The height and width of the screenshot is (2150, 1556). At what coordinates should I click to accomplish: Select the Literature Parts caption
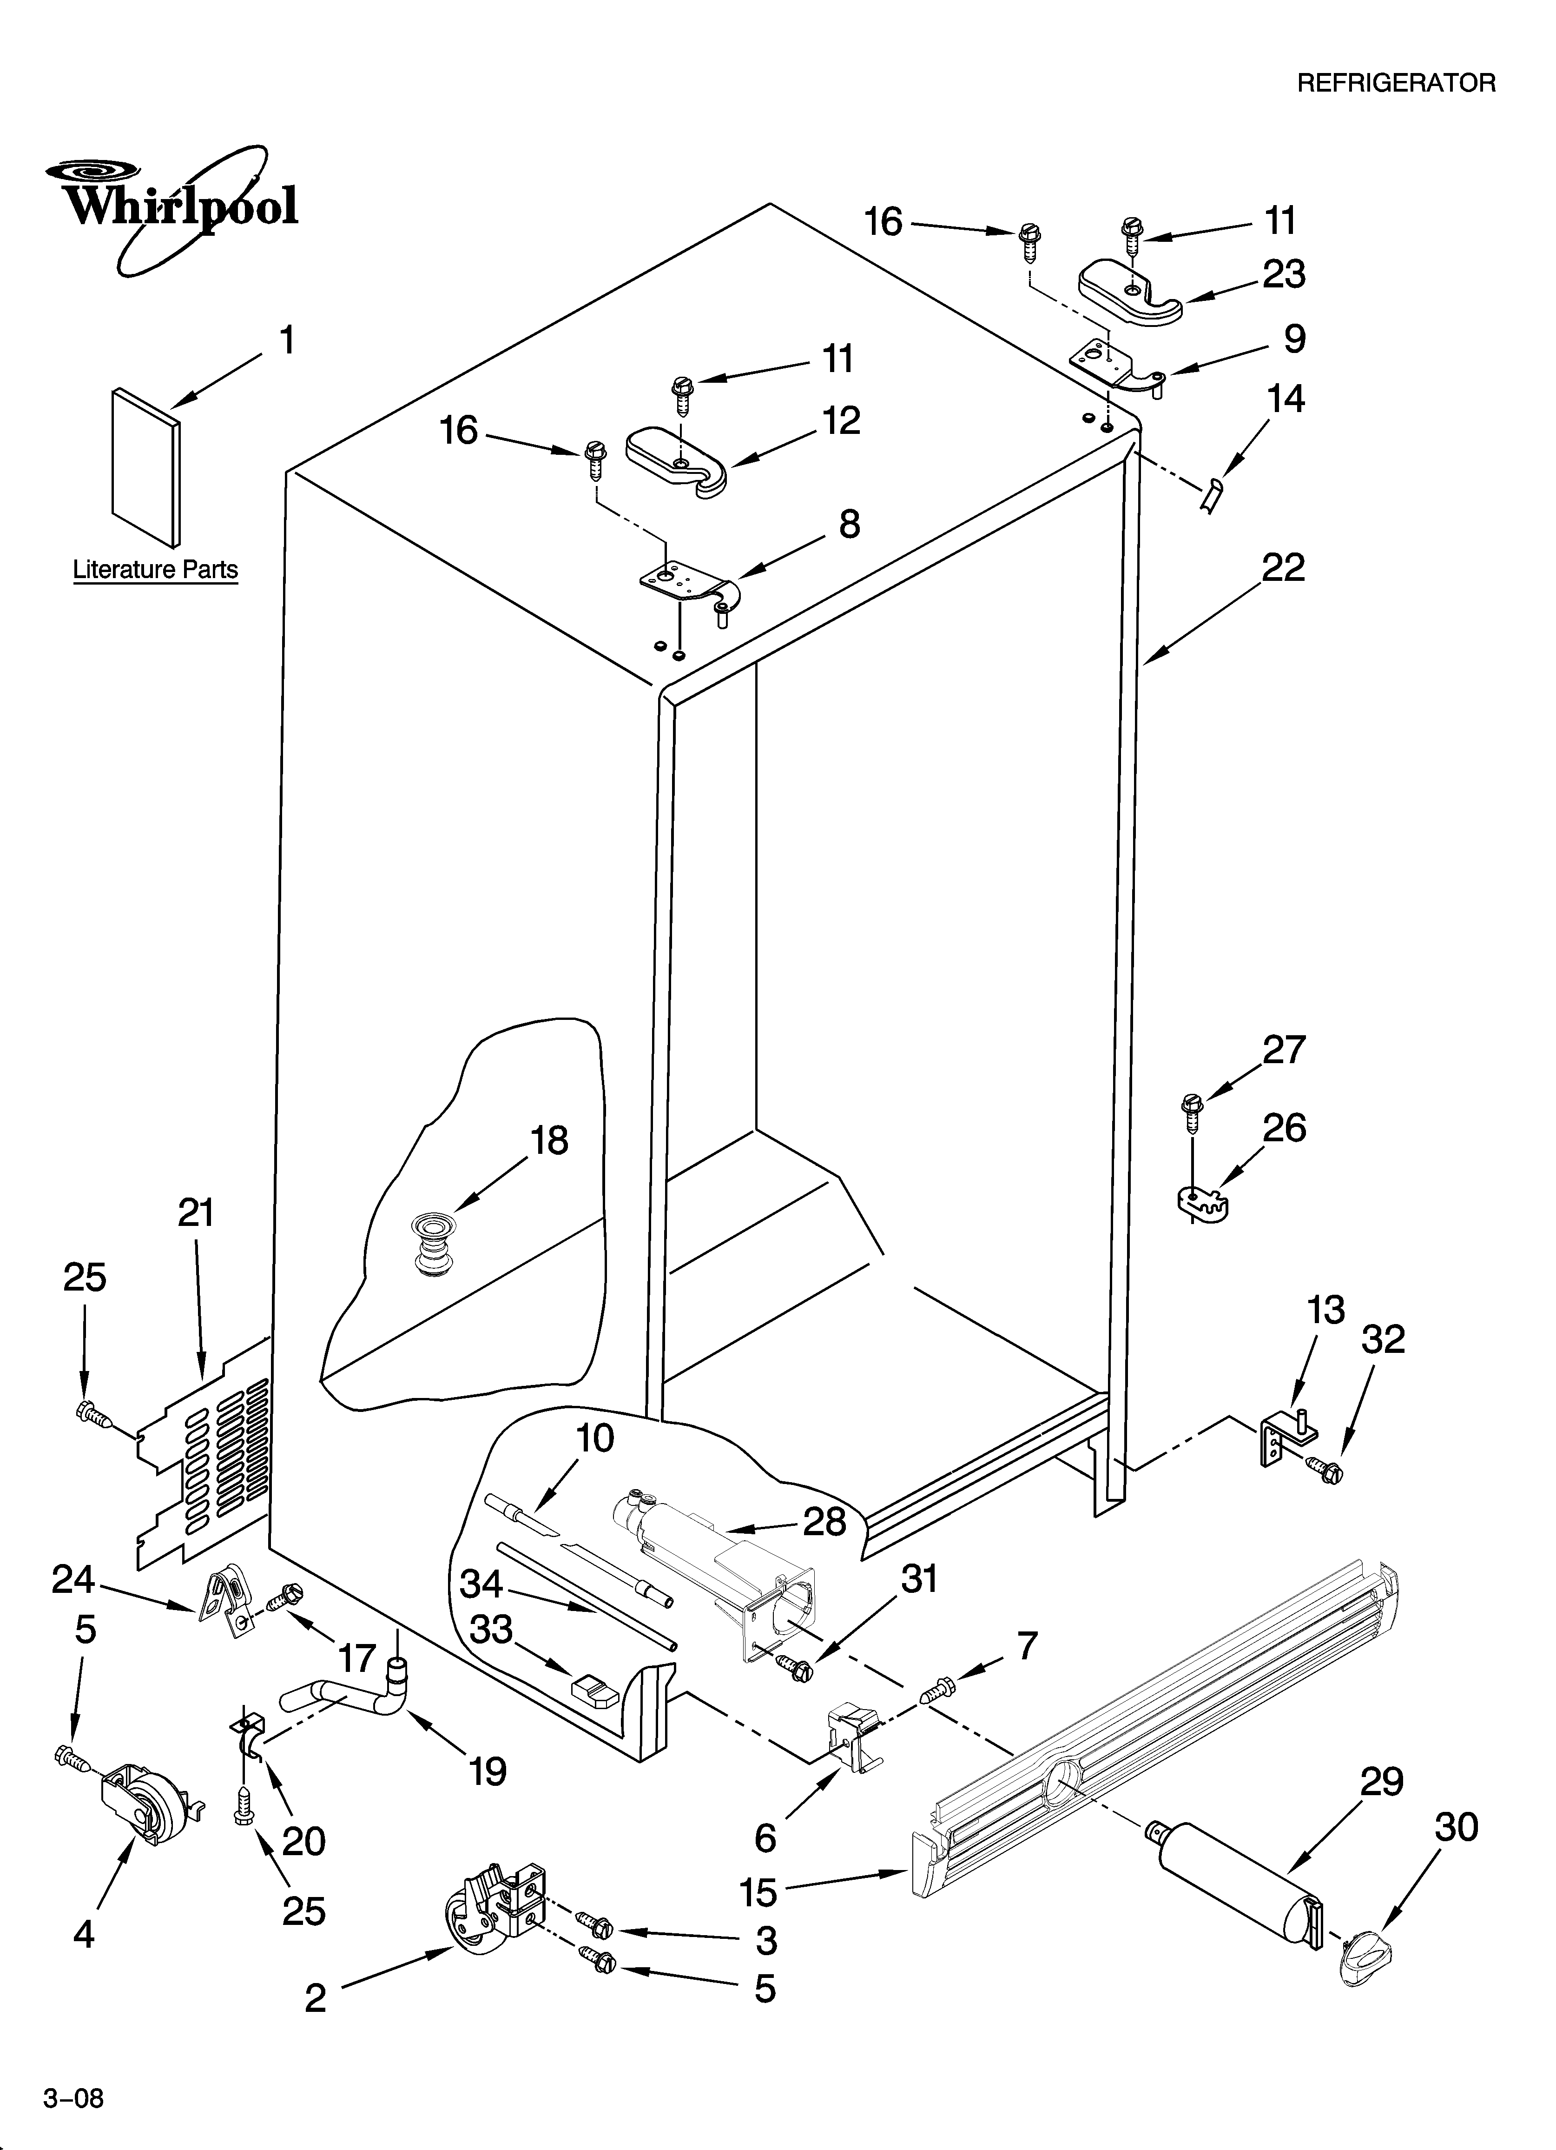point(155,570)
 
